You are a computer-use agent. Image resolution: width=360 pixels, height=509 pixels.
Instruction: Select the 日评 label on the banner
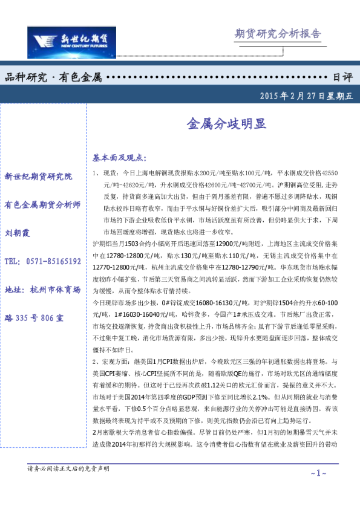(342, 77)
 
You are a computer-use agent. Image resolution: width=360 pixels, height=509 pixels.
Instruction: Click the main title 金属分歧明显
(225, 125)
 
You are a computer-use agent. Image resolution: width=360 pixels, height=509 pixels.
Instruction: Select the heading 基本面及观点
(119, 157)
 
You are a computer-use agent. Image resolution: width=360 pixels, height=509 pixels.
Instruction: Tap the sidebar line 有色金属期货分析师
(42, 205)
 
